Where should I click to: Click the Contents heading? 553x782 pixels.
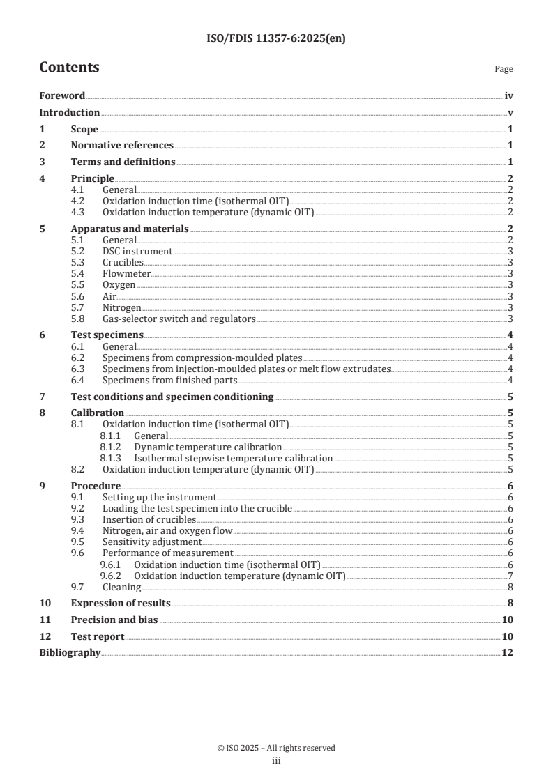point(69,68)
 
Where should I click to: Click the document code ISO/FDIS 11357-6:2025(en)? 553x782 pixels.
point(276,39)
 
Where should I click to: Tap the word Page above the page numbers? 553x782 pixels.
point(503,69)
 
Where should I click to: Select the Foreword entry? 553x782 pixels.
point(62,96)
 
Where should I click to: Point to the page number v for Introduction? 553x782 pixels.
point(510,112)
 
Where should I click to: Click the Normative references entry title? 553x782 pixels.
point(122,145)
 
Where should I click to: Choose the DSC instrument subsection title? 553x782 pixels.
point(137,251)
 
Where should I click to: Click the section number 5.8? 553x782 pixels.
point(80,319)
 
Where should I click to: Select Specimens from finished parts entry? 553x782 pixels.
point(169,380)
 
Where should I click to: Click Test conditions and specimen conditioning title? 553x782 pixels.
point(172,397)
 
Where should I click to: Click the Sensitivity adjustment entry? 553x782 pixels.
point(151,542)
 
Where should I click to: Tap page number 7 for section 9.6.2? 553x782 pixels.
point(510,575)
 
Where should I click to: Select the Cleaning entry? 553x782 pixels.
point(121,587)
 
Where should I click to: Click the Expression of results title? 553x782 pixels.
point(121,603)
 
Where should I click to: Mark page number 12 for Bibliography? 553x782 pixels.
point(508,652)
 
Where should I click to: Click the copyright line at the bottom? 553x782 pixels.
point(276,748)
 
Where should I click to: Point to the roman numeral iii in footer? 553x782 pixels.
point(276,761)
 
